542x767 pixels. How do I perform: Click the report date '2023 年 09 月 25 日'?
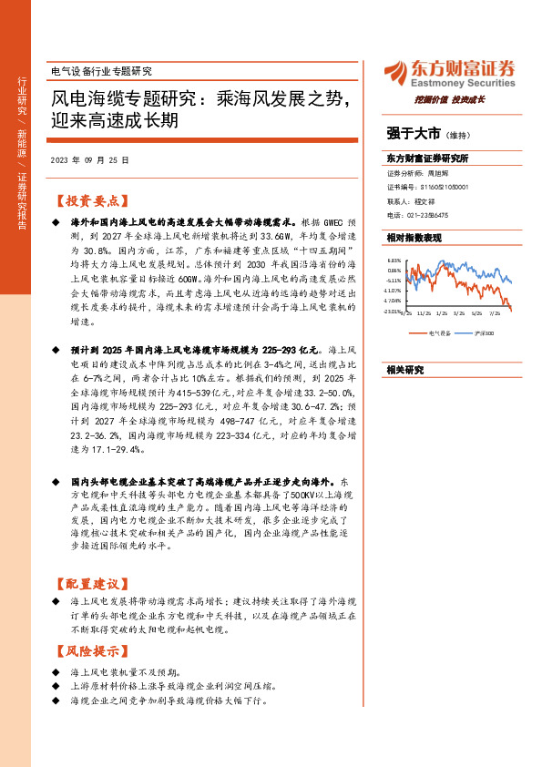click(x=89, y=159)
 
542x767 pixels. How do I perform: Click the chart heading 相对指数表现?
click(x=414, y=237)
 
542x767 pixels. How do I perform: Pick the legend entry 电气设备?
click(x=439, y=333)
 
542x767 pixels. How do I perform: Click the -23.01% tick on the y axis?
click(x=392, y=310)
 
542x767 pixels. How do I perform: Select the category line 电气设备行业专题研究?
click(x=99, y=71)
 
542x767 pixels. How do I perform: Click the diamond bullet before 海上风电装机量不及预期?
click(x=56, y=671)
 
